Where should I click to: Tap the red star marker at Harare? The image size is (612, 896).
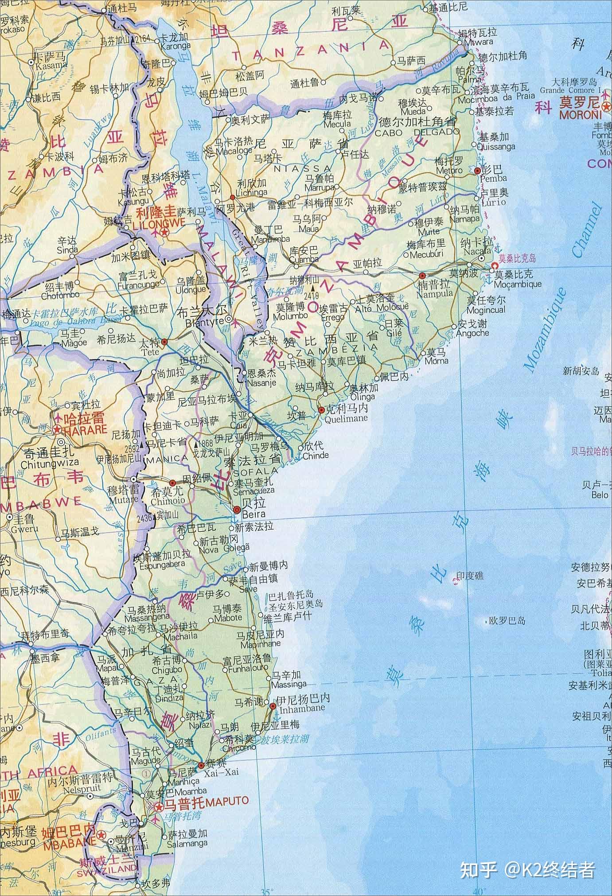click(x=58, y=429)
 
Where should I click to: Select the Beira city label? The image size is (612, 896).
click(x=254, y=514)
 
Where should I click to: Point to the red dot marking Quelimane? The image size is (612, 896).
click(x=322, y=411)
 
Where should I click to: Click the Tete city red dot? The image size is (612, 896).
click(x=164, y=342)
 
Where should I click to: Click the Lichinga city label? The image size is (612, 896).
click(x=253, y=192)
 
